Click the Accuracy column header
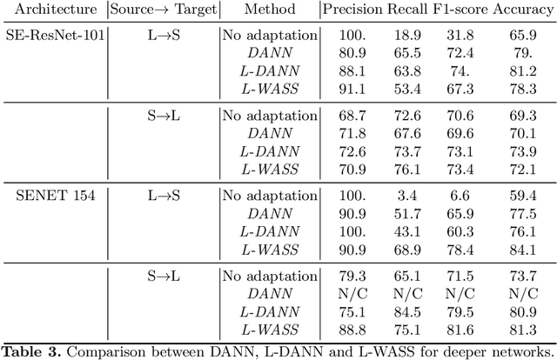click(x=517, y=11)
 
